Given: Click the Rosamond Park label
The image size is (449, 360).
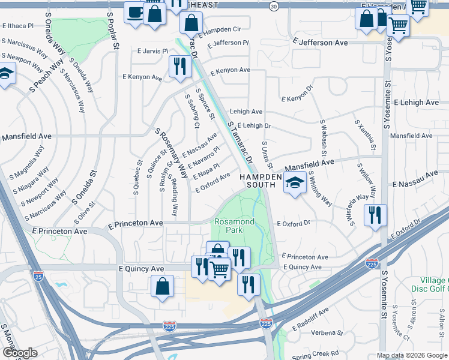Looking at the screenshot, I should click(234, 226).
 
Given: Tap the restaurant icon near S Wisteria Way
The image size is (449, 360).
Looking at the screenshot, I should click(375, 215).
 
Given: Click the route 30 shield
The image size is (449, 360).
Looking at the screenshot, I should click(274, 6).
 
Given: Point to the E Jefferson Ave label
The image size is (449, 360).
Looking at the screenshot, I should click(321, 43).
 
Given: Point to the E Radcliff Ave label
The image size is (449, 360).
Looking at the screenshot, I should click(310, 320).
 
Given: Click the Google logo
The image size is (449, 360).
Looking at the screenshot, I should click(19, 353).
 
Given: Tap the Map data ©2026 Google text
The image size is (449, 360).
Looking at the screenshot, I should click(412, 355).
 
